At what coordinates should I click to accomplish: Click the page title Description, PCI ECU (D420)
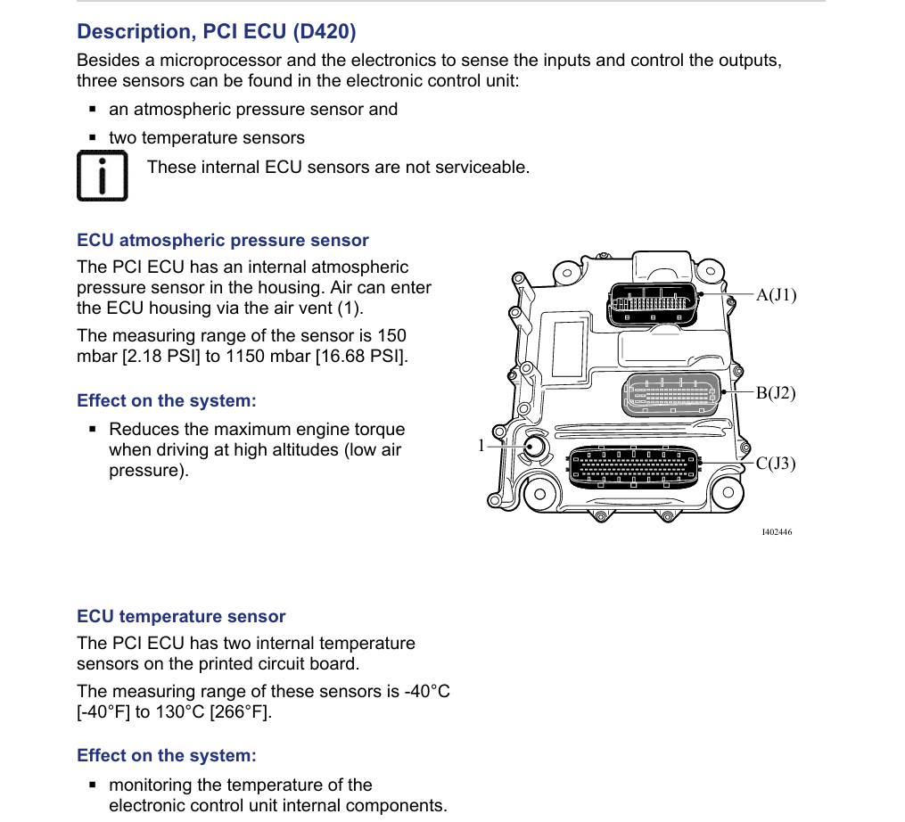tap(217, 32)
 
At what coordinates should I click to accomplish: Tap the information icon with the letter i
tap(102, 176)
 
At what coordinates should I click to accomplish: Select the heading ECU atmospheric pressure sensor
tap(222, 241)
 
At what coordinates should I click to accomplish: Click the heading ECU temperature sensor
tap(181, 617)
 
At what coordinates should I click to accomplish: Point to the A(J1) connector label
tap(776, 295)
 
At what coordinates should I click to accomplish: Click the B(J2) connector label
tap(776, 393)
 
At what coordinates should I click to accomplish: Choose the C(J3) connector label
tap(776, 464)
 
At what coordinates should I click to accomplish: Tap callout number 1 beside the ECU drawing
tap(481, 446)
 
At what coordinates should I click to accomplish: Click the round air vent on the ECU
tap(535, 446)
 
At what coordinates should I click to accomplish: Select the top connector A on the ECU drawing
tap(653, 304)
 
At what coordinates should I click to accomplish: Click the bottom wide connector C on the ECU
tap(634, 467)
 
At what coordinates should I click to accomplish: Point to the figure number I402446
tap(777, 532)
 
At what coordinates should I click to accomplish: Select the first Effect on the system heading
tap(166, 401)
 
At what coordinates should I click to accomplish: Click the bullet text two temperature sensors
tap(206, 138)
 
